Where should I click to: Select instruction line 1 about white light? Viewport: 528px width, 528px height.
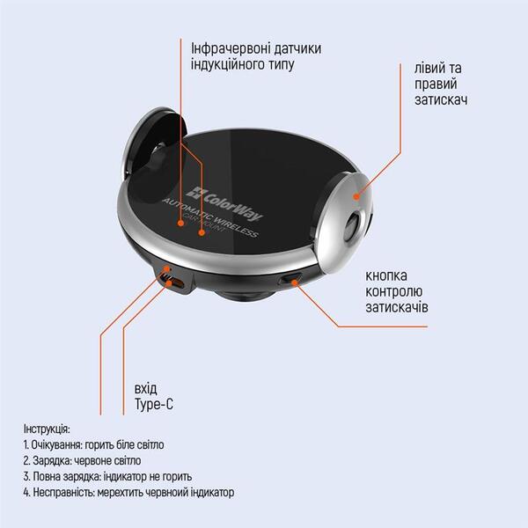tap(98, 444)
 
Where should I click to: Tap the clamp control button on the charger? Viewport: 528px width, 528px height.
tap(291, 280)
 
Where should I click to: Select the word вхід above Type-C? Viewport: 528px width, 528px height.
tap(146, 389)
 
